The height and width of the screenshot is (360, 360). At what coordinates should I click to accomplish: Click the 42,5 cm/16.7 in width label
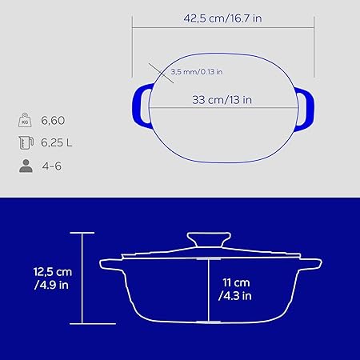coord(222,18)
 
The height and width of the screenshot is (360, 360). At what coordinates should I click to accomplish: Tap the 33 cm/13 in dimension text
coord(222,100)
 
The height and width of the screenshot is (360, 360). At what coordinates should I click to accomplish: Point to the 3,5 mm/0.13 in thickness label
coord(197,72)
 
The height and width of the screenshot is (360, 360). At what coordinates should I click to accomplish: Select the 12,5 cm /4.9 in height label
coord(53,278)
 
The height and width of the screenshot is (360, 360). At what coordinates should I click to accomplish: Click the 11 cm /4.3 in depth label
coord(235,290)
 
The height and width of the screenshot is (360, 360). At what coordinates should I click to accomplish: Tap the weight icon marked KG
coord(25,120)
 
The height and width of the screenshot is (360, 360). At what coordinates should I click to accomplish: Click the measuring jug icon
coord(26,142)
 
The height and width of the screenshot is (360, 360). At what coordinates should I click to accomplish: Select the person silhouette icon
coord(26,166)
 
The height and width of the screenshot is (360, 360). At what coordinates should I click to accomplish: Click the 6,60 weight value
coord(53,121)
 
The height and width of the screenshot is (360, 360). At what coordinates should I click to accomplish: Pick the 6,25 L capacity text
coord(57,142)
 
